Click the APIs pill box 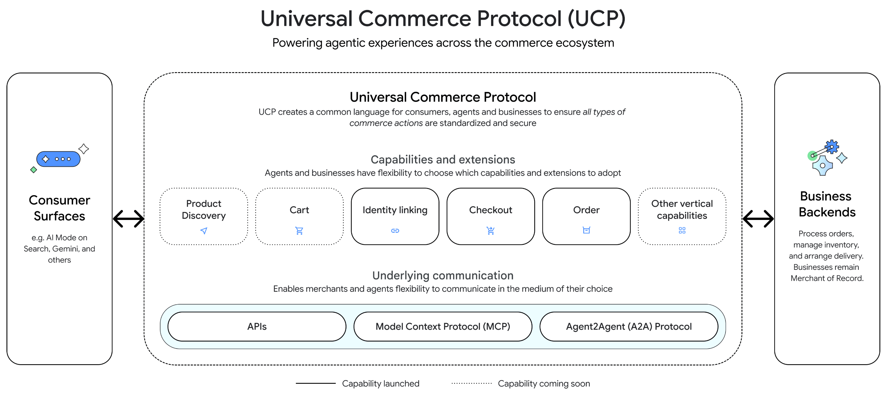[257, 326]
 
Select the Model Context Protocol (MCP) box [442, 326]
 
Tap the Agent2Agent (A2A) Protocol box [628, 326]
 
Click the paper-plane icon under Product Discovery [204, 231]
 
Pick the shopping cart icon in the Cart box [299, 231]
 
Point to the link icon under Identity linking [395, 231]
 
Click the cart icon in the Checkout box [491, 231]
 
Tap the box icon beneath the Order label [586, 230]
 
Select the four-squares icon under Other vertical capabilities [682, 230]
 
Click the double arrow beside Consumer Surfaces [129, 219]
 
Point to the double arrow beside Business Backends [758, 219]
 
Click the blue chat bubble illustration [58, 159]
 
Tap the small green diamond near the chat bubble [34, 170]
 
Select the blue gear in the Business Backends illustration [832, 147]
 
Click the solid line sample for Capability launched [315, 383]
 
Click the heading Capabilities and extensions [442, 159]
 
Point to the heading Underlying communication [442, 275]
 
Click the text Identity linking [395, 210]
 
